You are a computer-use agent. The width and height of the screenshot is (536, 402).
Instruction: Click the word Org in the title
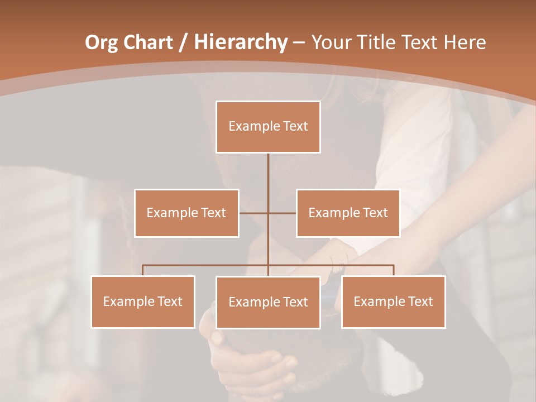coord(101,42)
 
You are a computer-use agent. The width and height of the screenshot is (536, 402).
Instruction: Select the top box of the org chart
coord(268,127)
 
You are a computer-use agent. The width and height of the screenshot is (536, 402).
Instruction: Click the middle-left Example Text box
coord(186,213)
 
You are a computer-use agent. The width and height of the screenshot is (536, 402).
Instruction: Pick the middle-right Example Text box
coord(348,213)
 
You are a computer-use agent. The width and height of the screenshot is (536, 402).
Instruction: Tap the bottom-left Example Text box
coord(143,301)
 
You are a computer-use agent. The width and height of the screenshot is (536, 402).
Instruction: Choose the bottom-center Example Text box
coord(268,302)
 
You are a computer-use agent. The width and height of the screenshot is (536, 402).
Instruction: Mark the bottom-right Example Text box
coord(393,301)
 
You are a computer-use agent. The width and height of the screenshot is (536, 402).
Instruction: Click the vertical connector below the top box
coord(268,179)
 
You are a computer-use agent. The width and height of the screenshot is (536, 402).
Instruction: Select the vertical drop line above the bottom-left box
coord(143,270)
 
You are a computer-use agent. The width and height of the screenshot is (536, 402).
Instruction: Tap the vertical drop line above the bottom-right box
coord(394,270)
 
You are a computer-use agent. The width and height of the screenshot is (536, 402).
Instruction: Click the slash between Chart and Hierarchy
coord(182,42)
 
